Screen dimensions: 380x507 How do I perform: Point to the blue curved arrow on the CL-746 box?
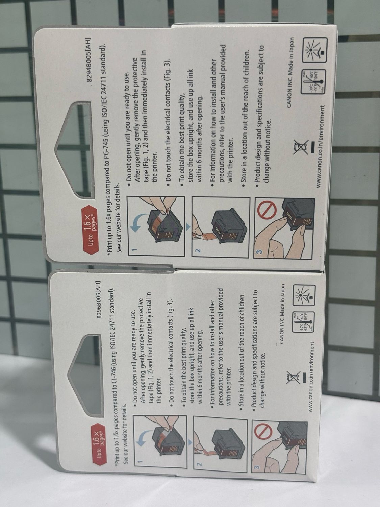click(x=146, y=438)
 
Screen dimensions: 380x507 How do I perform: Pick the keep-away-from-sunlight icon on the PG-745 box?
click(x=315, y=50)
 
